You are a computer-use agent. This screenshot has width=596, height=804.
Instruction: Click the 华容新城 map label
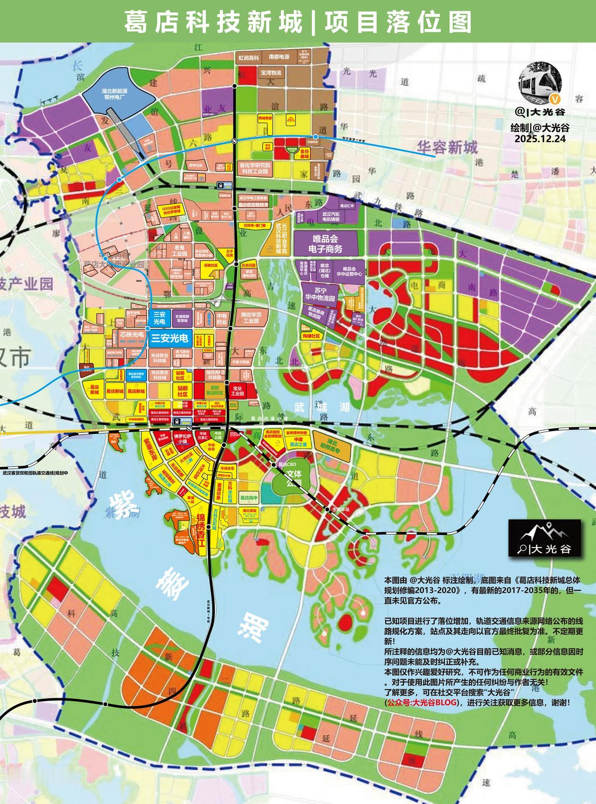447,148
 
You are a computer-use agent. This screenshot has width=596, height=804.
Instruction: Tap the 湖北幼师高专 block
332,446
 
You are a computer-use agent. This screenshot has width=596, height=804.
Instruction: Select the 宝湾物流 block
271,73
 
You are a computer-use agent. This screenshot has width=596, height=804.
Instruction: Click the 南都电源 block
279,57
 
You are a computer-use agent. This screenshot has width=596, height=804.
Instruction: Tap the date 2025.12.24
540,138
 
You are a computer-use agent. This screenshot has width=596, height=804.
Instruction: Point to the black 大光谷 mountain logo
544,538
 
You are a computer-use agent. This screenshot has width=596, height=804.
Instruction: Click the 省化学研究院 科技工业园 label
255,168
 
